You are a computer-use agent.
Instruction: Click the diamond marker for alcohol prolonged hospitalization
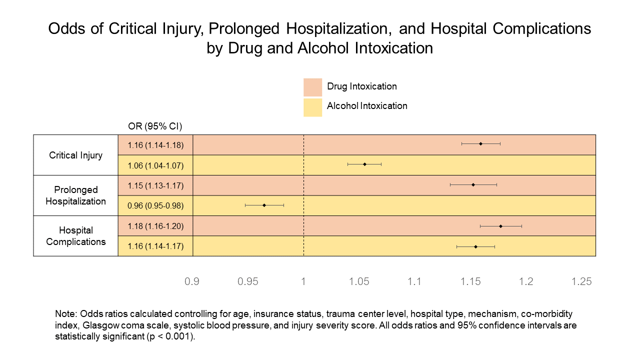coord(264,205)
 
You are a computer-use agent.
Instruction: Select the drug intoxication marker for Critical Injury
coord(480,143)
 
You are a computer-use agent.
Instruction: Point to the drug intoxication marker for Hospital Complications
coord(500,226)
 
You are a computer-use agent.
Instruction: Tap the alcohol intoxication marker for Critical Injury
coord(364,164)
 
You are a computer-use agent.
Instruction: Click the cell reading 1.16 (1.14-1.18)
coord(155,145)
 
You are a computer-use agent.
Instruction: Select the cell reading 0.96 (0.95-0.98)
coord(155,205)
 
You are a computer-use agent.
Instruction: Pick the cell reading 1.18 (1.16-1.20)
coord(155,226)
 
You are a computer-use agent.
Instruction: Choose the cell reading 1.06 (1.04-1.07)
coord(155,165)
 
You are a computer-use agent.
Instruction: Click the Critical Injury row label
coord(75,155)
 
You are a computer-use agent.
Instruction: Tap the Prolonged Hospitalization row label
coord(75,195)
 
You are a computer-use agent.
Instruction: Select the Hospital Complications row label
coord(75,236)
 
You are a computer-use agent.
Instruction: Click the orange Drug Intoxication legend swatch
coord(312,87)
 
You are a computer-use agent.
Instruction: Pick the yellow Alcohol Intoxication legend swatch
coord(312,107)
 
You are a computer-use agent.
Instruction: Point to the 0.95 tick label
coord(248,281)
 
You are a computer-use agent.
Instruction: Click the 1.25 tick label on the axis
coord(581,281)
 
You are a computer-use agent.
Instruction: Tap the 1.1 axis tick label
coord(414,281)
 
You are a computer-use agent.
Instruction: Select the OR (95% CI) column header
coord(155,126)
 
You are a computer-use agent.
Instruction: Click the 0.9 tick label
coord(192,281)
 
